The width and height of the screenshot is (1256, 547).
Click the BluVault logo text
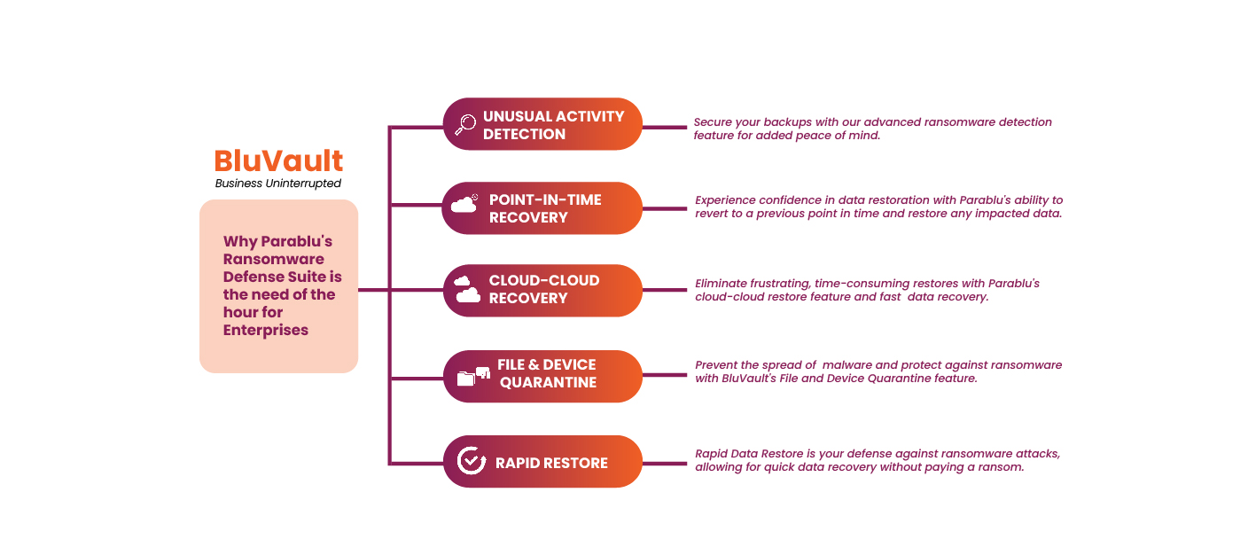[x=278, y=160]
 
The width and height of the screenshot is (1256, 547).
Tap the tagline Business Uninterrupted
[x=278, y=184]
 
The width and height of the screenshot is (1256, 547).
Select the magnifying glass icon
[x=464, y=124]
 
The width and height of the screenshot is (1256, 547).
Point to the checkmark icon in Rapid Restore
[x=471, y=461]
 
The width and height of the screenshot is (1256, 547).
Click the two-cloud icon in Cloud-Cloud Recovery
[x=467, y=289]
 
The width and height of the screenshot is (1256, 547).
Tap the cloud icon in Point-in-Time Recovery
[x=464, y=205]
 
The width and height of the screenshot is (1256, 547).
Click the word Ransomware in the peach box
[x=273, y=259]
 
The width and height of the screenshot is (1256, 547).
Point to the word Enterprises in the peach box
[x=266, y=330]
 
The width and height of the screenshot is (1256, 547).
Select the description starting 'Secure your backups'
[x=872, y=129]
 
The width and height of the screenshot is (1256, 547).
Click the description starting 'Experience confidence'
[x=878, y=207]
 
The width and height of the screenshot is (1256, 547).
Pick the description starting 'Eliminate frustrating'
[x=867, y=290]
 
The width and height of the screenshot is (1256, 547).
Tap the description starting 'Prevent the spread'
[x=878, y=371]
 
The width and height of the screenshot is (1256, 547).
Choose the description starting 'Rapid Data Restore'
[x=877, y=460]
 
